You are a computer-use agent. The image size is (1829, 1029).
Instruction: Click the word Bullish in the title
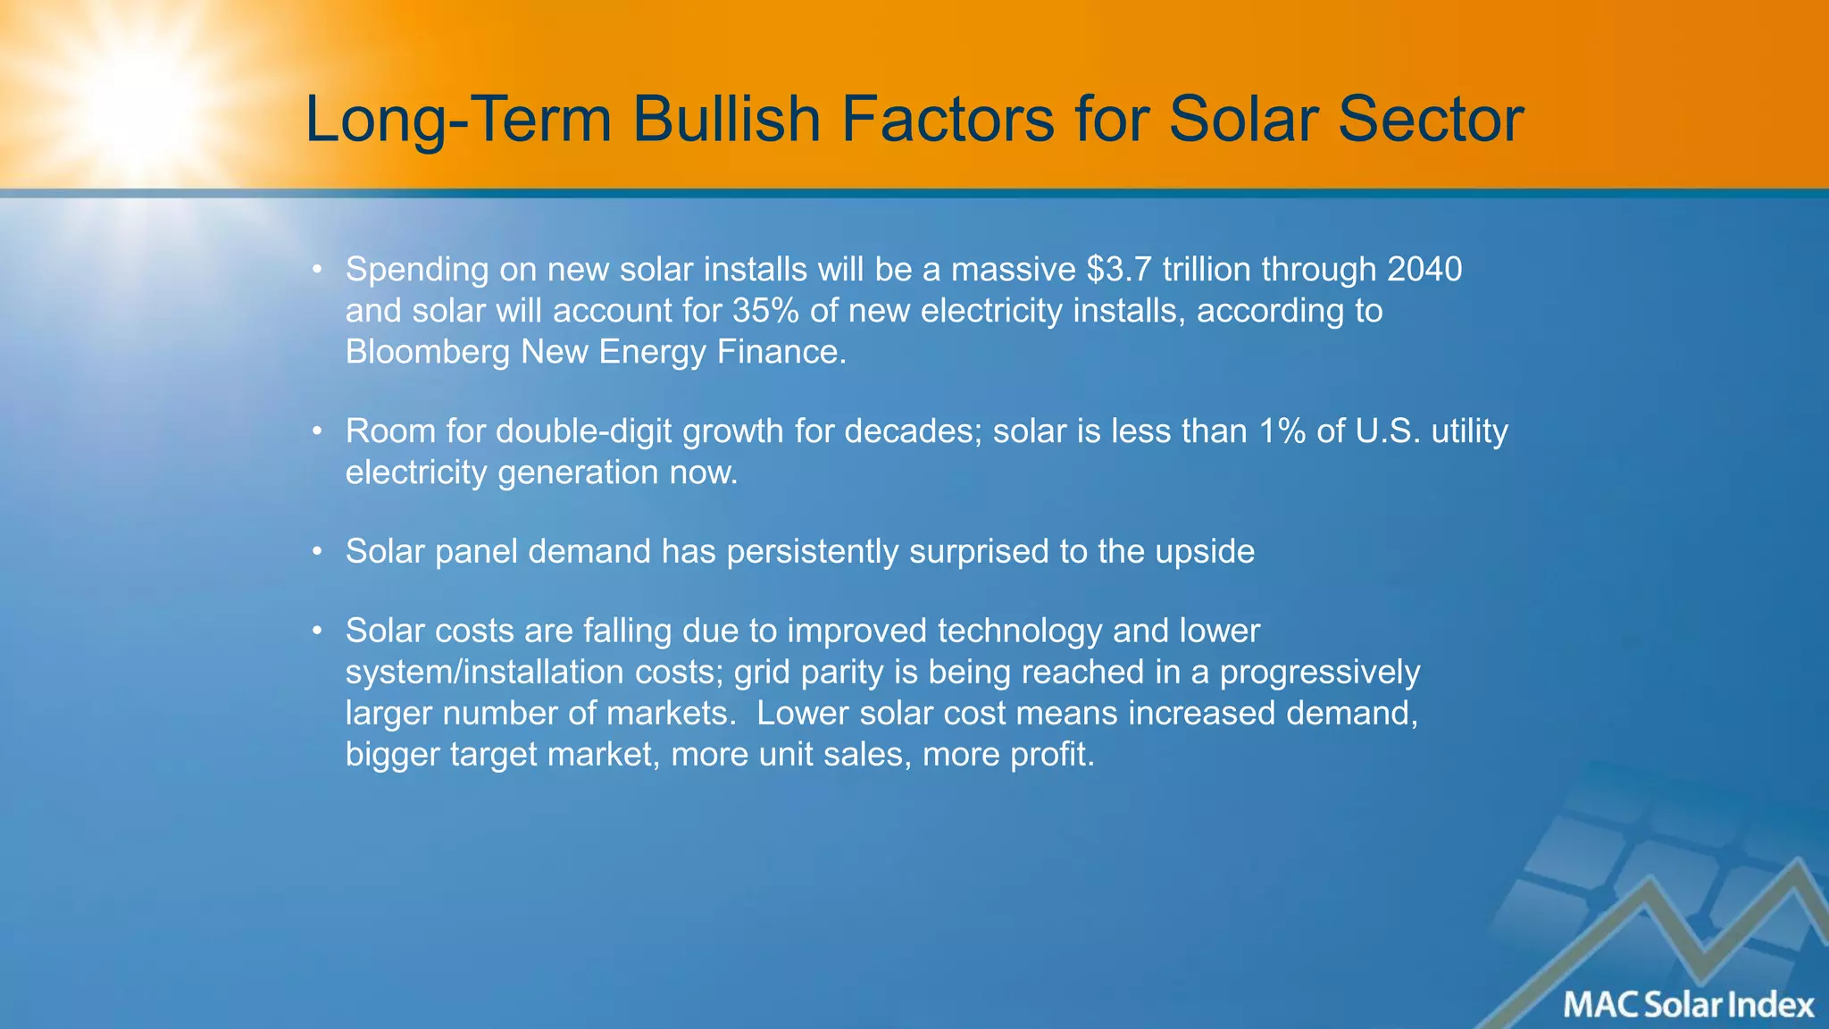pyautogui.click(x=726, y=119)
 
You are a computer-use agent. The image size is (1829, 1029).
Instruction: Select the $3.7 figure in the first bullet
pyautogui.click(x=1119, y=269)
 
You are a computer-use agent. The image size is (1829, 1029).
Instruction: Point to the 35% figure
pyautogui.click(x=765, y=311)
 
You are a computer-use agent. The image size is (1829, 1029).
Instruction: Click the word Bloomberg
pyautogui.click(x=427, y=352)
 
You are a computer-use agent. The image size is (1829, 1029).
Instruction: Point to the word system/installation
pyautogui.click(x=484, y=672)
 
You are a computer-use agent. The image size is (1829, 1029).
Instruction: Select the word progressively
pyautogui.click(x=1319, y=672)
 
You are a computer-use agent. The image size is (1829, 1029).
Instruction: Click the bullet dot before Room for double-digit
pyautogui.click(x=316, y=432)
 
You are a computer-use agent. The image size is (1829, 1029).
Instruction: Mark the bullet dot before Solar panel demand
pyautogui.click(x=316, y=553)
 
